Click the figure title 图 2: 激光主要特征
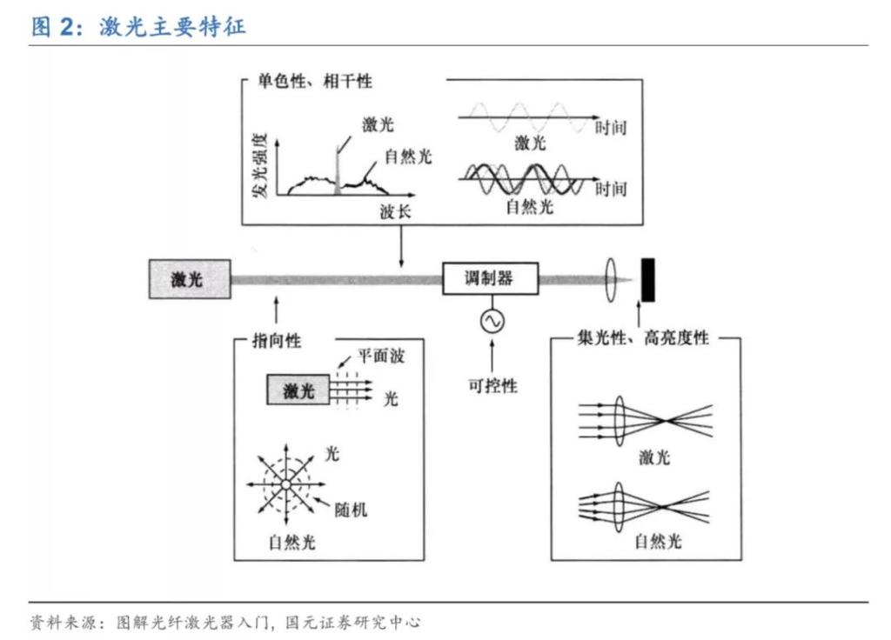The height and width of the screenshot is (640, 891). [x=139, y=26]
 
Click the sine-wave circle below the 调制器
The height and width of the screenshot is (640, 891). [x=490, y=322]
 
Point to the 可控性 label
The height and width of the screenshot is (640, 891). [x=492, y=385]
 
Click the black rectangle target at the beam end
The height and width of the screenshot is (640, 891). [x=648, y=278]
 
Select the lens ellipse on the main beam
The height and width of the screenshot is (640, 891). [x=610, y=278]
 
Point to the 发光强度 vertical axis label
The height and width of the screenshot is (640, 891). [x=259, y=166]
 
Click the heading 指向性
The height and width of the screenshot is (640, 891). [x=277, y=341]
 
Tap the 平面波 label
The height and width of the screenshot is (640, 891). [x=381, y=357]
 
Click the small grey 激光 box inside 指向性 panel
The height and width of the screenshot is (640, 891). [x=298, y=390]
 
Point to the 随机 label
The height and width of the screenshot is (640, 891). [x=351, y=509]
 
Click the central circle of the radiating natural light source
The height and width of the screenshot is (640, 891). [x=285, y=483]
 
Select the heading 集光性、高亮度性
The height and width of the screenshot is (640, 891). [x=643, y=338]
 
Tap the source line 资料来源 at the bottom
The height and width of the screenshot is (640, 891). [x=226, y=623]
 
